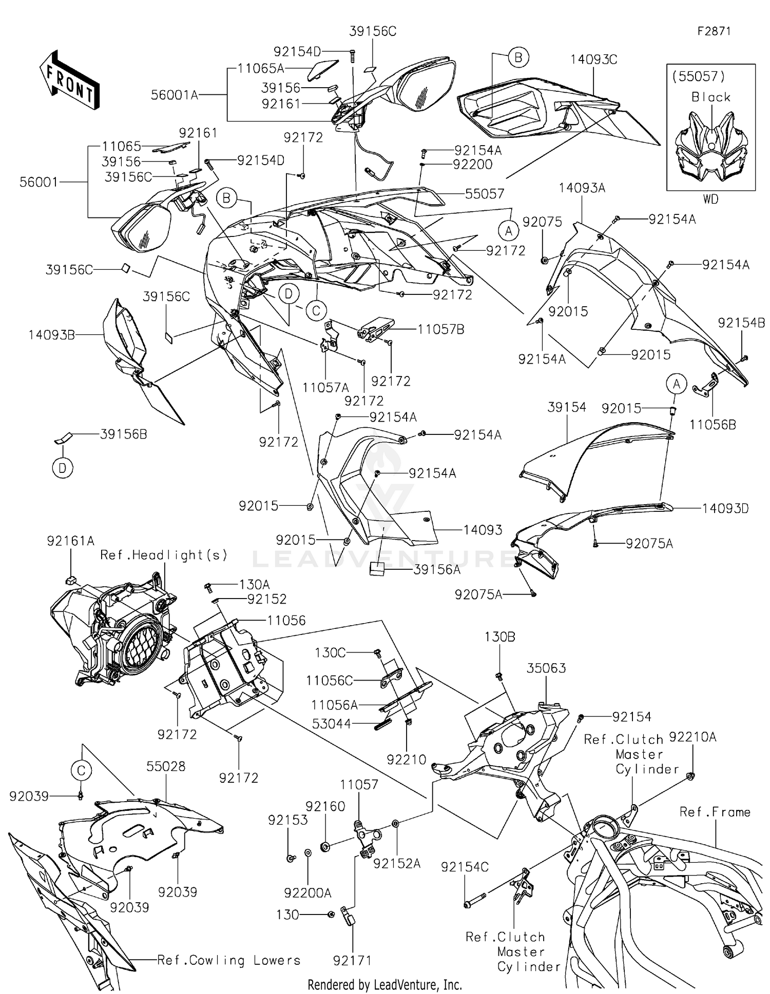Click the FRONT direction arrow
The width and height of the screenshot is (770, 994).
[69, 79]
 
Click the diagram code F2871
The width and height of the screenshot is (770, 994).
[713, 31]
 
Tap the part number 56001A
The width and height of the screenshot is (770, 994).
[175, 95]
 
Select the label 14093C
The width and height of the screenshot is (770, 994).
[593, 60]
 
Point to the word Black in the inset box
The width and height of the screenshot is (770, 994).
[710, 97]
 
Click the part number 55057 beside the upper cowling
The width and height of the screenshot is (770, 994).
[485, 194]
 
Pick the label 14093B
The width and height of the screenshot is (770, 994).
[52, 335]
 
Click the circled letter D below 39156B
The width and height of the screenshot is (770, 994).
[63, 468]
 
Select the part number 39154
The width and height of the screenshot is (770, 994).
[566, 407]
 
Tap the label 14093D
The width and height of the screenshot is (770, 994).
[725, 508]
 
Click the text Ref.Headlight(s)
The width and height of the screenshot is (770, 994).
[164, 555]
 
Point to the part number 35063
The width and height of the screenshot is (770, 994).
[546, 668]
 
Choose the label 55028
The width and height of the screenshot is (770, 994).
[166, 766]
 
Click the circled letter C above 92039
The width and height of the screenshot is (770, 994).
[81, 770]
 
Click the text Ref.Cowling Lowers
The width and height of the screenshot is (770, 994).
[228, 960]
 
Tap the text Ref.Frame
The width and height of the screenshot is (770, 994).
[715, 812]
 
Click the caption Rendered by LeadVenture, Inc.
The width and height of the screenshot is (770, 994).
[384, 984]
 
